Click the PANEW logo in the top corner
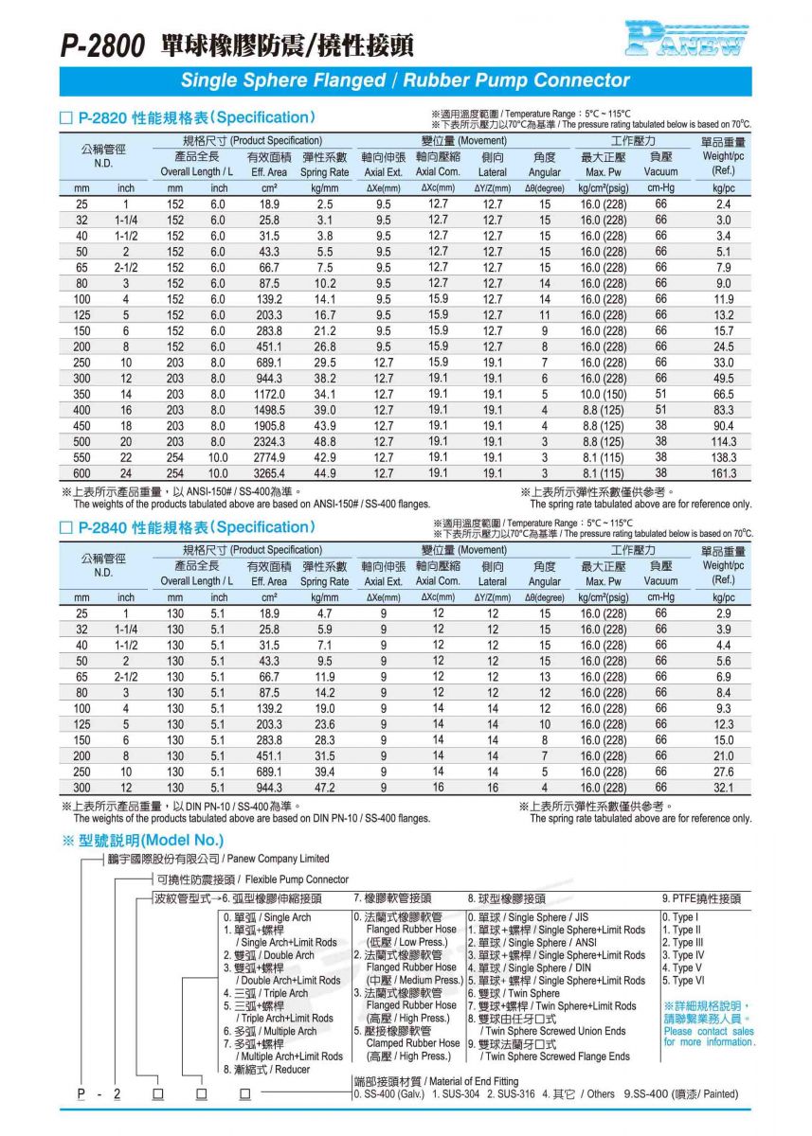(x=686, y=39)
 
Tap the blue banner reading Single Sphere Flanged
(x=406, y=80)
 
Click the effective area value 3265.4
(x=269, y=473)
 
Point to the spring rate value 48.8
(x=325, y=442)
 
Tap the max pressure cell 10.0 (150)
(x=602, y=394)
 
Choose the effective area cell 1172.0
(x=269, y=394)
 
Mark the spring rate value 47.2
(x=325, y=788)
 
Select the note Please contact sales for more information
(x=709, y=1037)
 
